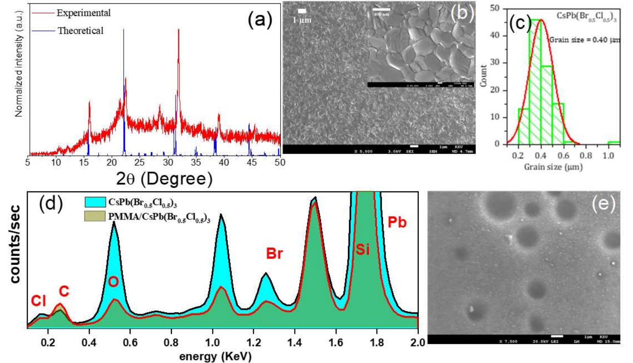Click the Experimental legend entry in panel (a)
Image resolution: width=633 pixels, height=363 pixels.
[x=83, y=13]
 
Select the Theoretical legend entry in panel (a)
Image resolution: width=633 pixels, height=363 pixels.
[x=80, y=31]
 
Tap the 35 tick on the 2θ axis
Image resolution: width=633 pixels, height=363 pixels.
[x=196, y=163]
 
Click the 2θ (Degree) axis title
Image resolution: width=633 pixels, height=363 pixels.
[x=164, y=179]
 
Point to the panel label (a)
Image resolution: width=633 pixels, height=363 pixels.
[x=260, y=20]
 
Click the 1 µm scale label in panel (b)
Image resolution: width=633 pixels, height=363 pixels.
[x=302, y=20]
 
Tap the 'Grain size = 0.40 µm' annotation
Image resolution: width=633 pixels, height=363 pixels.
[x=585, y=40]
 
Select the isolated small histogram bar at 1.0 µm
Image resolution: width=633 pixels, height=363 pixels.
[x=613, y=142]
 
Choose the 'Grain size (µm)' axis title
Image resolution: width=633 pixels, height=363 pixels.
[x=553, y=167]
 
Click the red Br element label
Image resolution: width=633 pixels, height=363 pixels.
[x=274, y=253]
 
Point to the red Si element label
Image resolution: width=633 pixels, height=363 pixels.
[x=363, y=249]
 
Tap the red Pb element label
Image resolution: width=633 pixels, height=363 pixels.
[x=397, y=222]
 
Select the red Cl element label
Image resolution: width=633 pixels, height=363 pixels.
[x=38, y=301]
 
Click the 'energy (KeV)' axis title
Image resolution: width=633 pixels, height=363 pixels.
[x=215, y=356]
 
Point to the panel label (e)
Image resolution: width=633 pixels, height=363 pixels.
[x=604, y=204]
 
